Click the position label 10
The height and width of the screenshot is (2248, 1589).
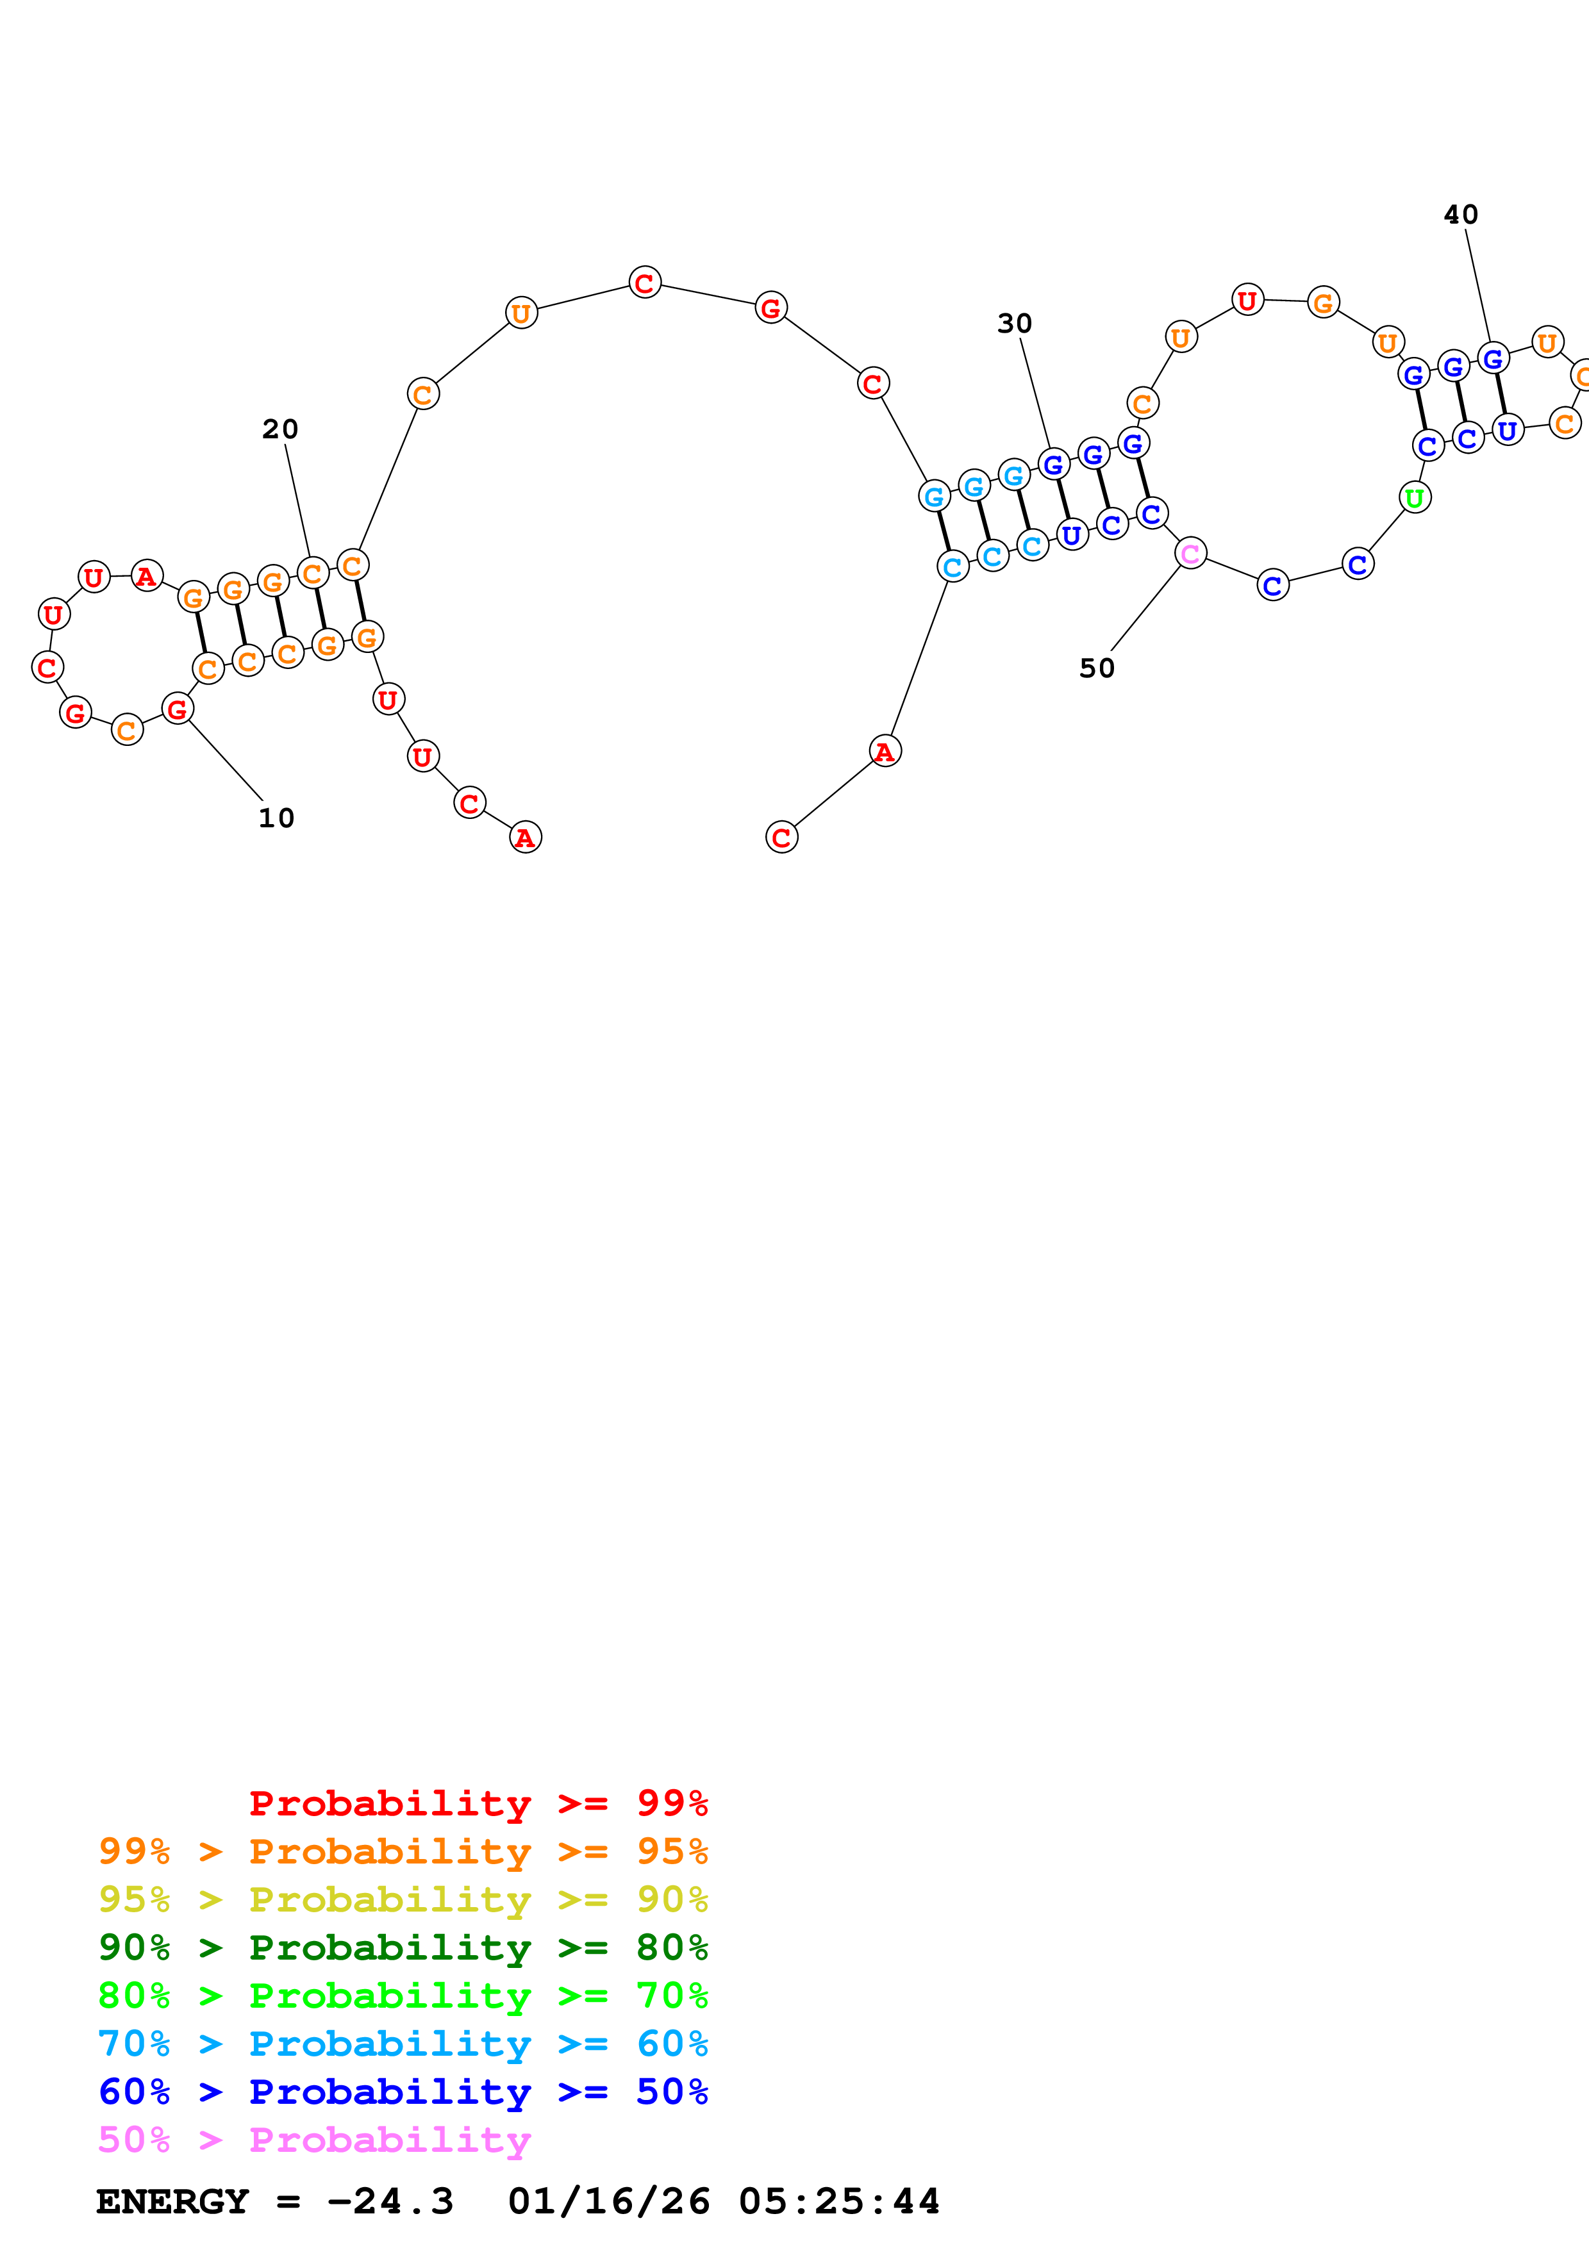(276, 818)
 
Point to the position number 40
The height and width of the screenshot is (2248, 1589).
(1461, 215)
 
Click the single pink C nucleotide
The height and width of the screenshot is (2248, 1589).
(1190, 553)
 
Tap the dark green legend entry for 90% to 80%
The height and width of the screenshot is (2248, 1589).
(403, 1947)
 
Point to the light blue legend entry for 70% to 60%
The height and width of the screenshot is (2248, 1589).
(403, 2044)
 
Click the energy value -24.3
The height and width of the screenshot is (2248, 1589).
(390, 2201)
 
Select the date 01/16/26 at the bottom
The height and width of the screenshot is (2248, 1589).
(608, 2201)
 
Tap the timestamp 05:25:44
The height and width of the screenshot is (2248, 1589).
(839, 2201)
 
